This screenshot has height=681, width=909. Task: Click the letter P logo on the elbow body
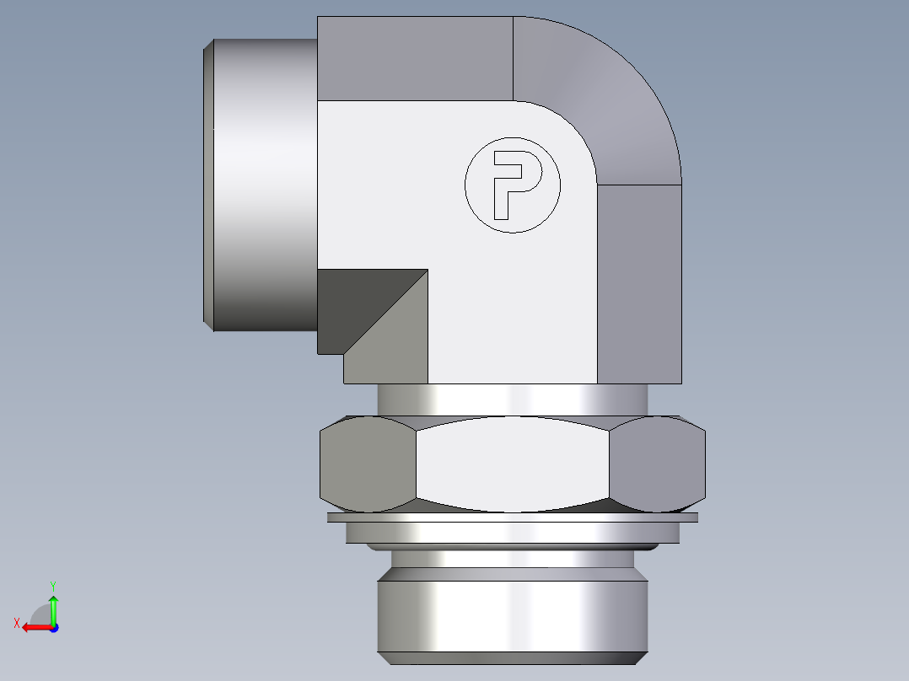[512, 185]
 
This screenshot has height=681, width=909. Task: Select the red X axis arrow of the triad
[34, 627]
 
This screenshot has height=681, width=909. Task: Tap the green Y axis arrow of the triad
[53, 607]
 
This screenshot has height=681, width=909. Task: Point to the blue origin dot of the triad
[53, 627]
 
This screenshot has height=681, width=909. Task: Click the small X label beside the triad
[16, 623]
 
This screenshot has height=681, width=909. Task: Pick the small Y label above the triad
[52, 585]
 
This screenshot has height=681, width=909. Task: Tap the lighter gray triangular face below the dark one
[396, 346]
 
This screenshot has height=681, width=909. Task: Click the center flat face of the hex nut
[512, 464]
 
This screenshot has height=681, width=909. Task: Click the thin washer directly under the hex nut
[512, 517]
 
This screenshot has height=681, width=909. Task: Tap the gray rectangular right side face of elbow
[639, 282]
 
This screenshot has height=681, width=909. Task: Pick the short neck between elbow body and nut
[512, 399]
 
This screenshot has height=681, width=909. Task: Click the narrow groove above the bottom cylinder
[512, 558]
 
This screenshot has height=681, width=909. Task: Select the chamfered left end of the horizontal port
[209, 185]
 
